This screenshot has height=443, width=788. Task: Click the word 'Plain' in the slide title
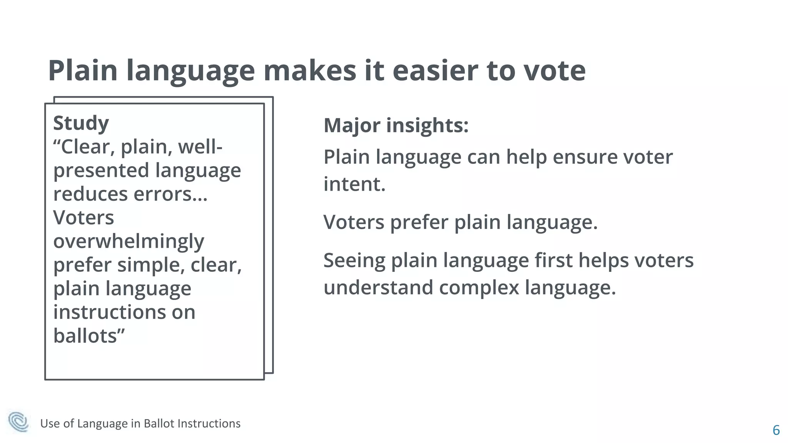click(83, 71)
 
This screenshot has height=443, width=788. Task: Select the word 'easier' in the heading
click(435, 71)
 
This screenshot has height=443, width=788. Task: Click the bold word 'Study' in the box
click(81, 123)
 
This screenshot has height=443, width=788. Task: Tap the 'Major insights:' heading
click(396, 125)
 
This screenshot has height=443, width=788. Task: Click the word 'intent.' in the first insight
click(354, 184)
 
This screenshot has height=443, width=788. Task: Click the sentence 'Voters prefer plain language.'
click(460, 222)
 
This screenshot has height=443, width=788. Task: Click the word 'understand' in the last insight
click(378, 288)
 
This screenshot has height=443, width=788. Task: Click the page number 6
click(776, 430)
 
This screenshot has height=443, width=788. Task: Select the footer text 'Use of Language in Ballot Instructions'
click(140, 423)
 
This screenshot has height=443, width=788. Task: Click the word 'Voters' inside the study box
click(83, 218)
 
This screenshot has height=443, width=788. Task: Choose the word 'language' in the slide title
click(190, 72)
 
